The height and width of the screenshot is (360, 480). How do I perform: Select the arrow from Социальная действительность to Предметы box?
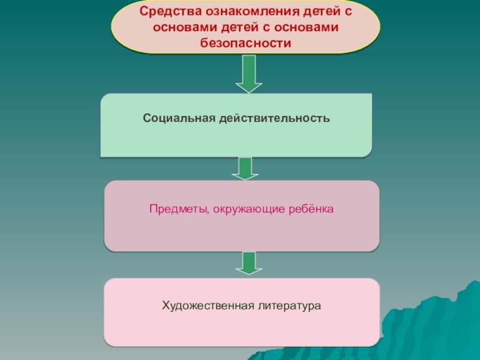click(244, 169)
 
